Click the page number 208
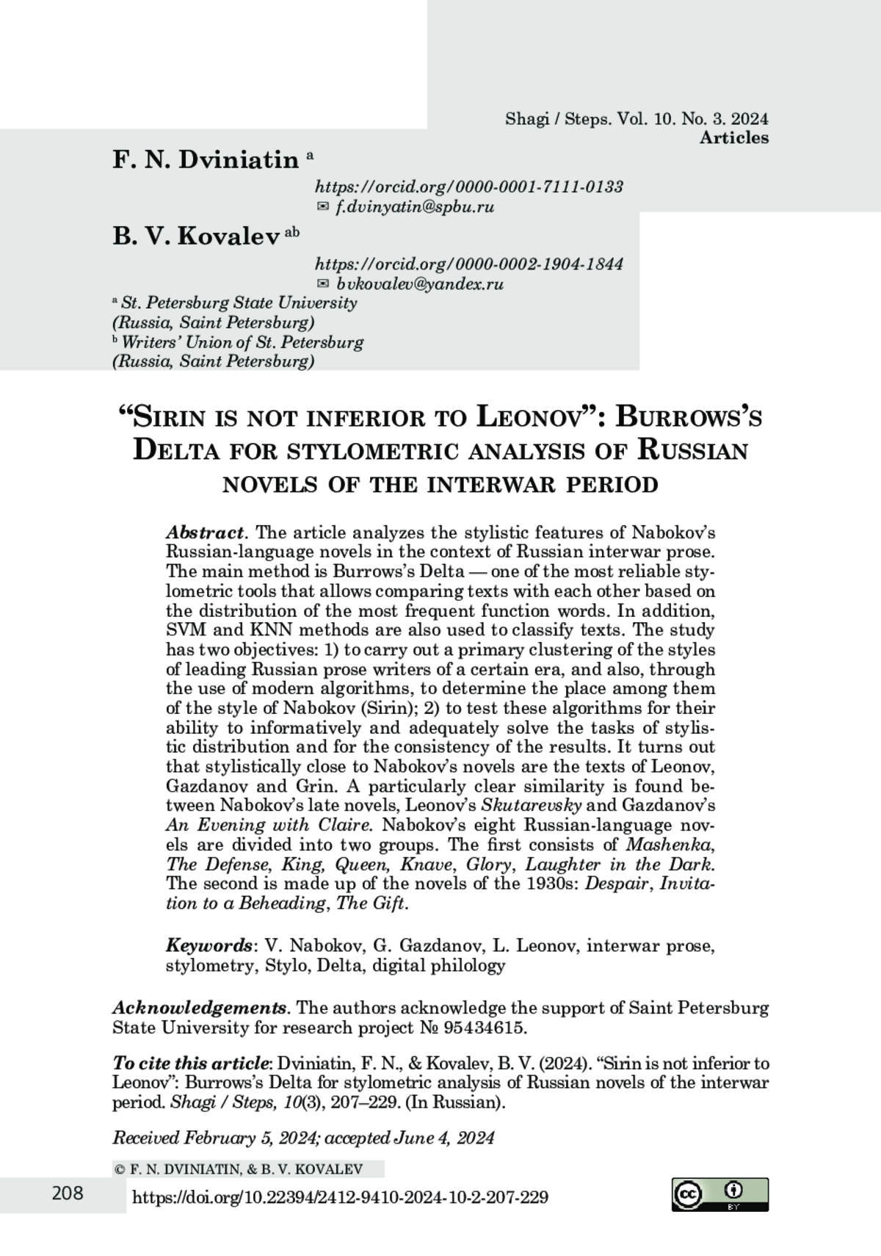[x=68, y=1194]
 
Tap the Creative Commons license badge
[x=719, y=1194]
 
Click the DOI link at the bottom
[x=339, y=1198]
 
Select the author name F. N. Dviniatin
[x=206, y=159]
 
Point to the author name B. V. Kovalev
[x=197, y=236]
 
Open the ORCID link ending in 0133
[x=468, y=187]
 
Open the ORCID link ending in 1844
[x=468, y=264]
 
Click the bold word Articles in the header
[x=733, y=137]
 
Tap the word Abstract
[x=205, y=532]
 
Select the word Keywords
[x=209, y=945]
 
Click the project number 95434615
[x=483, y=1028]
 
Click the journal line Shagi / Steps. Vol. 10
[x=636, y=119]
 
